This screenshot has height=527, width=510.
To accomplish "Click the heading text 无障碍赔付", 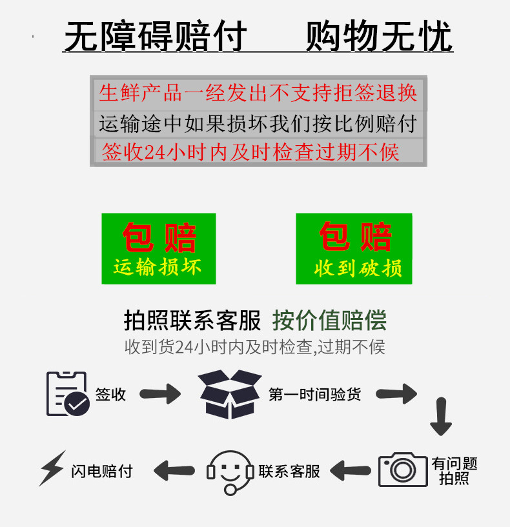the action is (156, 37).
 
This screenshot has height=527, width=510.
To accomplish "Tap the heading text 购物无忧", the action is (379, 37).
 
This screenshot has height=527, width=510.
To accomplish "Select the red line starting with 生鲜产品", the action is (258, 92).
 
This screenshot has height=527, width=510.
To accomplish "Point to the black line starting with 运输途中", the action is (258, 122).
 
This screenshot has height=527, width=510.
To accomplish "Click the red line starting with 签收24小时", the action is (251, 152).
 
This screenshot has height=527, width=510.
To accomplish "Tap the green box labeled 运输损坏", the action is (158, 248).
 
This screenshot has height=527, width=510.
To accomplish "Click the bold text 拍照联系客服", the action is (192, 320).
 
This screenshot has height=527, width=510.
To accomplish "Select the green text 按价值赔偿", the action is (329, 320).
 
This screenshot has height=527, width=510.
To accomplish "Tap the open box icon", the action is (230, 393).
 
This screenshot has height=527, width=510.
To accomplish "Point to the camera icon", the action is (403, 470).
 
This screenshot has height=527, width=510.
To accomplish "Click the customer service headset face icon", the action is (230, 472).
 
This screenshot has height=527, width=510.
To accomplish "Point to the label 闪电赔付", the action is (101, 472).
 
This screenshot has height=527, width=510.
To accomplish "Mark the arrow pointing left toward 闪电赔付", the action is (174, 471).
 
